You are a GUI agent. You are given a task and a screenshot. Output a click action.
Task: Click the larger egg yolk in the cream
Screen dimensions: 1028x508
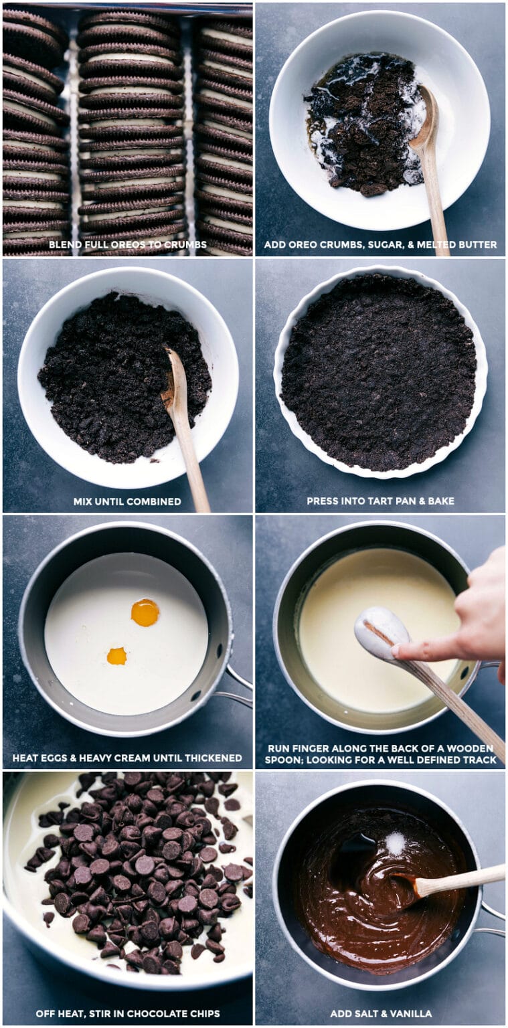145,612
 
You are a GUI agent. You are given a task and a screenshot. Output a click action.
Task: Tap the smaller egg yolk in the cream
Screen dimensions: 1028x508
116,656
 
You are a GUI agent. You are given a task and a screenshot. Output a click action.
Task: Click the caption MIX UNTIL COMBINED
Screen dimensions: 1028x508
127,501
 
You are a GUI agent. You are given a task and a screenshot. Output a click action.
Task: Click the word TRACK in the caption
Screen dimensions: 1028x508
479,760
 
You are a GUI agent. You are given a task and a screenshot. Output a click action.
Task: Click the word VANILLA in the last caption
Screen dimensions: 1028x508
410,1013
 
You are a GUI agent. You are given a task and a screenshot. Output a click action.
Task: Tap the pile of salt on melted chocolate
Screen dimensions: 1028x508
395,843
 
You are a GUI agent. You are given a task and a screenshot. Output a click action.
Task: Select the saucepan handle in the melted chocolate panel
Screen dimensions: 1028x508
493,920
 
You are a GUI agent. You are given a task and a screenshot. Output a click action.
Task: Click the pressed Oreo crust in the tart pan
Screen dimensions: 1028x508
379,371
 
